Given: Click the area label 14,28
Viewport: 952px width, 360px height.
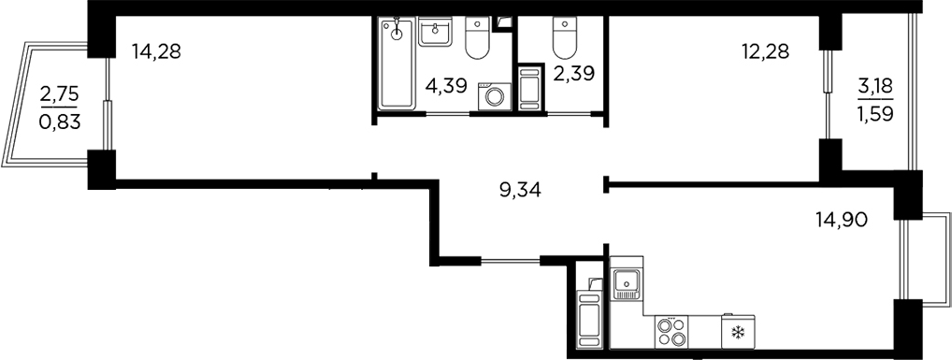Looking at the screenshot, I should pyautogui.click(x=155, y=51).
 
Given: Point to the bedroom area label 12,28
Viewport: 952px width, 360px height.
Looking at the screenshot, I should pyautogui.click(x=766, y=51).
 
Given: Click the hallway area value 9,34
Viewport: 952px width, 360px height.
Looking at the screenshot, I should pyautogui.click(x=521, y=191).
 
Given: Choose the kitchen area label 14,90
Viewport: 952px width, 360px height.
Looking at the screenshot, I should pyautogui.click(x=843, y=221).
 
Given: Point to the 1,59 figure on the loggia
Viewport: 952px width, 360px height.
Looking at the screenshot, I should pyautogui.click(x=876, y=116).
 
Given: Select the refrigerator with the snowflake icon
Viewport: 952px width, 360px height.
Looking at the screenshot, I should pyautogui.click(x=736, y=332).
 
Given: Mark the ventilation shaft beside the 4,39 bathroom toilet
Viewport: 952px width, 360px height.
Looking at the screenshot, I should pyautogui.click(x=505, y=22).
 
